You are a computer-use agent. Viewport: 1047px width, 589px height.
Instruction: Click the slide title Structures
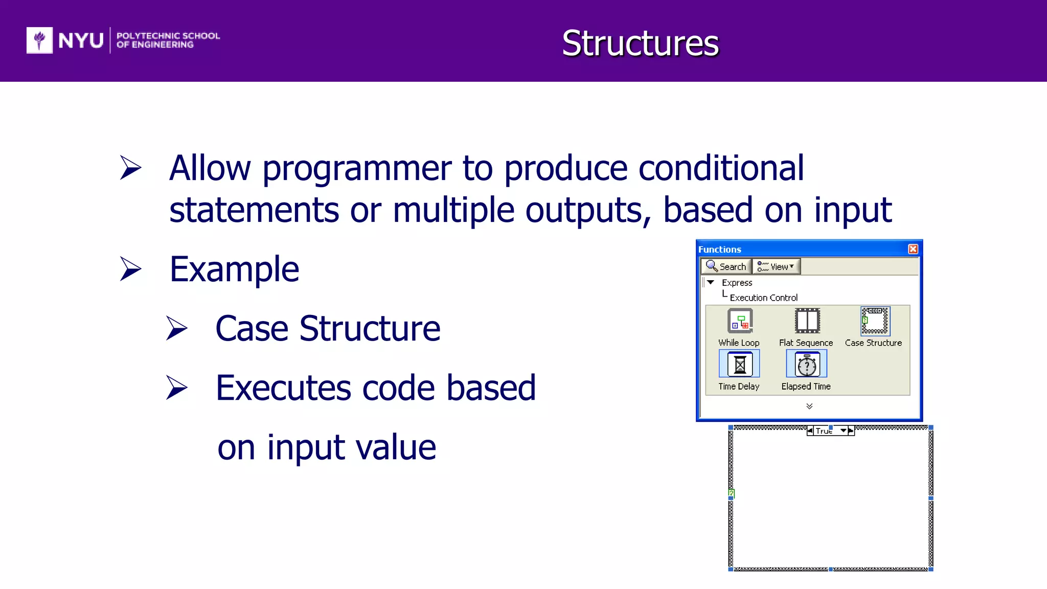640,43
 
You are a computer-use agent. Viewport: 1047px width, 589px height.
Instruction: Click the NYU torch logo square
39,40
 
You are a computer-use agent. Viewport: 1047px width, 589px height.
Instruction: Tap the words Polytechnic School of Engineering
168,40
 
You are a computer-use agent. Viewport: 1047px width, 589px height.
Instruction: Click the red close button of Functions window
913,249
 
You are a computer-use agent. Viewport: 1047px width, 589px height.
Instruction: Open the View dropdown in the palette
776,266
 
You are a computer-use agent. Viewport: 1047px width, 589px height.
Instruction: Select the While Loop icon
739,321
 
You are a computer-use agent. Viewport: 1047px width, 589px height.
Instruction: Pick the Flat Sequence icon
807,321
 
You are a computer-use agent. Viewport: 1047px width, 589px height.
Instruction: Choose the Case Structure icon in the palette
875,321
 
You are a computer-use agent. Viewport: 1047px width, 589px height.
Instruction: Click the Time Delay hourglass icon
739,364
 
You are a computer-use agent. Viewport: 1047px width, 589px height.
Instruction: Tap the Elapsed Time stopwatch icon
807,364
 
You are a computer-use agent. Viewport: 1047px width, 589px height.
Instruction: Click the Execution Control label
763,298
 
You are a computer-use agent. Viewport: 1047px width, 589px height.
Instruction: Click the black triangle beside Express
711,282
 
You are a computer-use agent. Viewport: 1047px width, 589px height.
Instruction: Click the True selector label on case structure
824,431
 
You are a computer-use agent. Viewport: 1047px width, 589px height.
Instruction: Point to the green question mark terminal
732,493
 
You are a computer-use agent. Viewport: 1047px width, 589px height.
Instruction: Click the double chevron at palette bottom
809,406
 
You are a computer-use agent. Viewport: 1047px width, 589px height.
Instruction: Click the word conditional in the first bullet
721,168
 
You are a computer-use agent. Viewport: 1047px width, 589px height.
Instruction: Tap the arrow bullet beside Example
131,269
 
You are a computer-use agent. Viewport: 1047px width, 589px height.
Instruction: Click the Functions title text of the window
719,250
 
